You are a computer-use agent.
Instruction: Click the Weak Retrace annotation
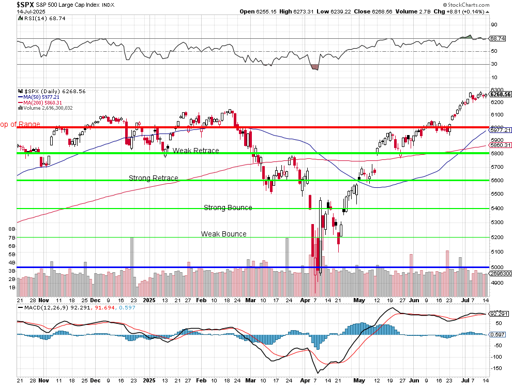point(195,151)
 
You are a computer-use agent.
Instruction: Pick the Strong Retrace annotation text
point(153,178)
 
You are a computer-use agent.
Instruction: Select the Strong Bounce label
point(228,208)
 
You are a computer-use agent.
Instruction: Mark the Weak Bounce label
point(223,234)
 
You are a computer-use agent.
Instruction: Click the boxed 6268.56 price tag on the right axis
point(500,94)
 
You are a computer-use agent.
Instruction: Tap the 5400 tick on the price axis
point(497,209)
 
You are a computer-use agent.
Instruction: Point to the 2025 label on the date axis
point(149,300)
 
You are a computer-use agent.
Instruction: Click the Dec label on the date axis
point(96,300)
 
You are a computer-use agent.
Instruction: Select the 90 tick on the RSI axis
point(494,24)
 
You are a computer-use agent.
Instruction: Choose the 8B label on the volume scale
point(12,228)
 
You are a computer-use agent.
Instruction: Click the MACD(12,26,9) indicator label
point(46,307)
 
